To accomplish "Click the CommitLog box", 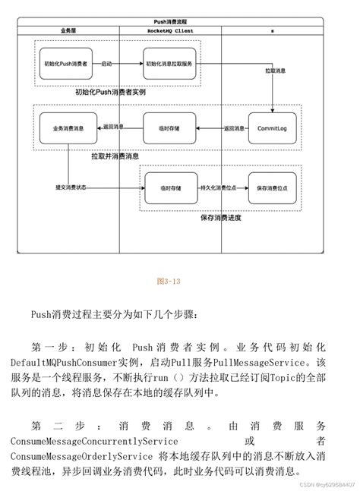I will (x=271, y=128).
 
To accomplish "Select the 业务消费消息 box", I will (x=68, y=128).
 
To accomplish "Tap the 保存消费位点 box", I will (x=271, y=187).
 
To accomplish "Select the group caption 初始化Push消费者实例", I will (x=111, y=92).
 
